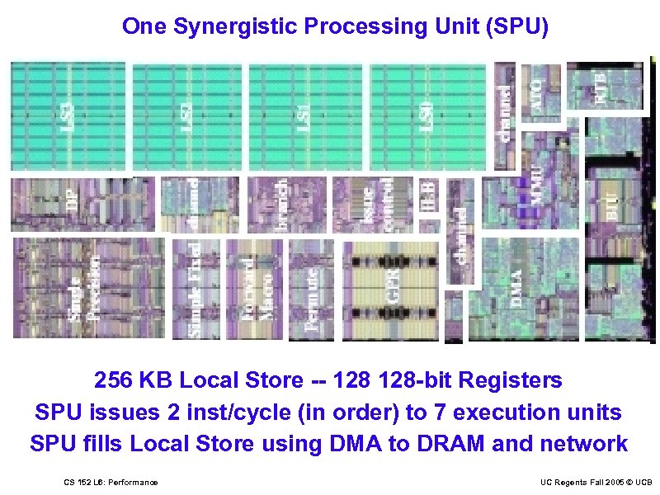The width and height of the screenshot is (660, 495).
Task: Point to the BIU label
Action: (x=611, y=202)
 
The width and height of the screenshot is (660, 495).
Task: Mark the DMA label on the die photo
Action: (x=516, y=289)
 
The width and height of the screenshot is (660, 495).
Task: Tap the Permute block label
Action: (x=312, y=298)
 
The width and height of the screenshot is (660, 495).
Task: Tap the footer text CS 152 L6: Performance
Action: (x=111, y=482)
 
